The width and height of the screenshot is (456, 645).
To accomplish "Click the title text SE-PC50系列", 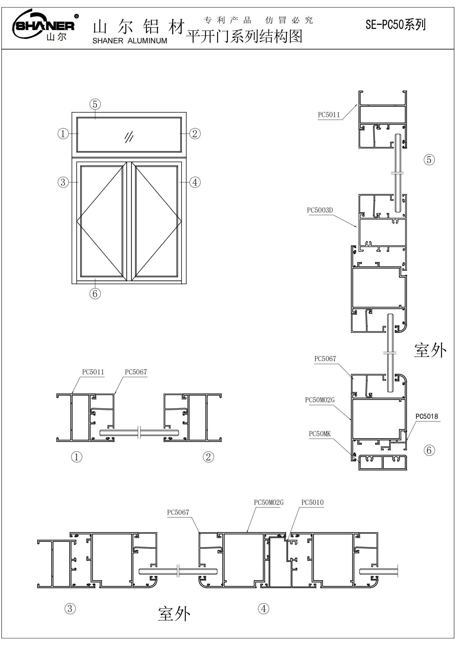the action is coord(395,25).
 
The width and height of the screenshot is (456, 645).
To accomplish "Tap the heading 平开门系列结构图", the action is coord(244,36).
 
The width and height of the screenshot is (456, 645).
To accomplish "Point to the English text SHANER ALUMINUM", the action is coord(130,41).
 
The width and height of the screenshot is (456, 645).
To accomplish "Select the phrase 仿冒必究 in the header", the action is coord(289,20).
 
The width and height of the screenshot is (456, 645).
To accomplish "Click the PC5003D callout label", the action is coord(320,210).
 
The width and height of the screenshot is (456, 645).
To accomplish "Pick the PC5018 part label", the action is coord(426,416).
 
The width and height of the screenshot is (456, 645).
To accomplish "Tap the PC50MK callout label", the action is coord(320,434).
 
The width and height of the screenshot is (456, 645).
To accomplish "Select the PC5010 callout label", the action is coord(313,502).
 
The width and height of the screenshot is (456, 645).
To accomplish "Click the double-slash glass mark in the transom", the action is coord(129,137).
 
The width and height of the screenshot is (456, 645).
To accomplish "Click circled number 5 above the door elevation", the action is coord(95,104).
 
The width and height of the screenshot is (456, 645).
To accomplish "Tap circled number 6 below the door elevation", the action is coord(95,294).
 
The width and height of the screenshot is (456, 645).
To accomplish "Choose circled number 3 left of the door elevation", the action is coord(63,182).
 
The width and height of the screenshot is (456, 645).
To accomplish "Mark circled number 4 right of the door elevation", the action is coord(195,182).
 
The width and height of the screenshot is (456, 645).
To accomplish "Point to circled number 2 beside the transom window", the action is coord(195,134).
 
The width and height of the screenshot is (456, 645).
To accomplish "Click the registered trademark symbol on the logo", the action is coord(76,16).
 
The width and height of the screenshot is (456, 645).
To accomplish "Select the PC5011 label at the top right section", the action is coord(329,115).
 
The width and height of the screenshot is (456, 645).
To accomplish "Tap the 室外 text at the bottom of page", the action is coord(174,614).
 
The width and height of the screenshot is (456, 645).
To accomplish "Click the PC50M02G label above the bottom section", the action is coord(269,502).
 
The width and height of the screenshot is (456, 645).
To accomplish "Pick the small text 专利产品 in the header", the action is coord(227,20).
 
